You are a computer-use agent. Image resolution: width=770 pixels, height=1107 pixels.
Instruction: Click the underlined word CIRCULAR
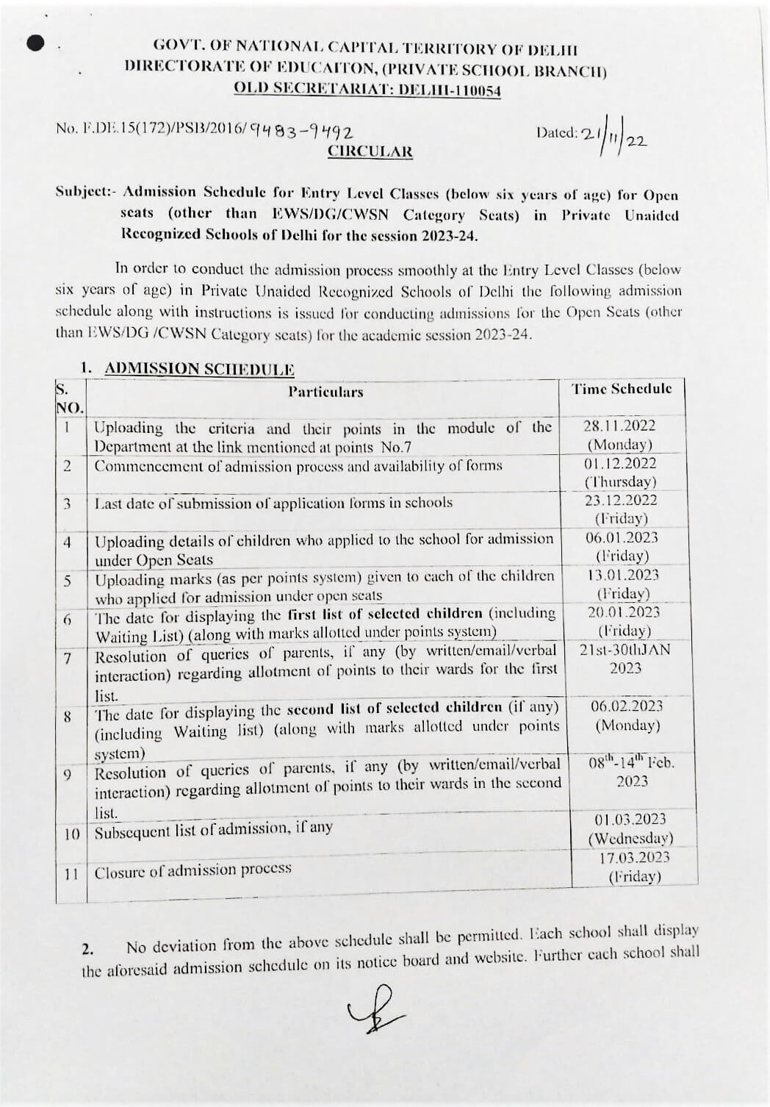click(370, 152)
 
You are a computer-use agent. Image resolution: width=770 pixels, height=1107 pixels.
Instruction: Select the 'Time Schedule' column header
click(622, 389)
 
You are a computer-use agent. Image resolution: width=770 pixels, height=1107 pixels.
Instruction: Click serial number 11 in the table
click(71, 875)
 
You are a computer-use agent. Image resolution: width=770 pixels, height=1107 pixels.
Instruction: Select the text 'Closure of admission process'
click(192, 870)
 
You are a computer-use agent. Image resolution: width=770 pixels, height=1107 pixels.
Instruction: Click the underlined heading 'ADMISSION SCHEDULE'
click(199, 369)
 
